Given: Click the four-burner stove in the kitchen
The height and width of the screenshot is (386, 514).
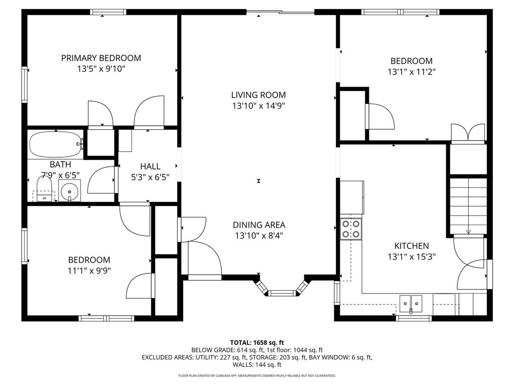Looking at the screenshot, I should (x=350, y=228).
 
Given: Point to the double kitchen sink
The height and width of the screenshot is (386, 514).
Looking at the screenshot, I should (x=411, y=303).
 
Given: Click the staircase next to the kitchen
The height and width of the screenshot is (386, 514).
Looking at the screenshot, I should (x=468, y=206).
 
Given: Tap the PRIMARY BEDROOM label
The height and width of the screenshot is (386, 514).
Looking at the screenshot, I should (x=101, y=58).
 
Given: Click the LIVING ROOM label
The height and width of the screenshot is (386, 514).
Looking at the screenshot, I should (x=259, y=94).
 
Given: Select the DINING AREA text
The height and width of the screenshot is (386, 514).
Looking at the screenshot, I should (x=259, y=225).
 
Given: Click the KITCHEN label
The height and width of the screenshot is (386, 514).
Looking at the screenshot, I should (x=411, y=246).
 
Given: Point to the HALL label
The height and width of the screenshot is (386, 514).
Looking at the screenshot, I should (x=150, y=166).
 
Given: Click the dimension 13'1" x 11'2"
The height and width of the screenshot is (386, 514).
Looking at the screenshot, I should (x=411, y=72).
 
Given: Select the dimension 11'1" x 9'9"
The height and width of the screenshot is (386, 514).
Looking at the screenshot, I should (x=89, y=270).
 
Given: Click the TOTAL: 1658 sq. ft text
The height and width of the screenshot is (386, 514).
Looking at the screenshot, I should (x=256, y=342).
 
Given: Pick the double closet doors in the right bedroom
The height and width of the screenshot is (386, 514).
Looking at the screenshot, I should (x=468, y=133).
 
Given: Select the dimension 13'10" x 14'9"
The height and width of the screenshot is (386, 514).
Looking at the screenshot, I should (x=259, y=106).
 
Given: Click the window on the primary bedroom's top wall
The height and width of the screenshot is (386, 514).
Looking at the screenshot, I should (x=107, y=12).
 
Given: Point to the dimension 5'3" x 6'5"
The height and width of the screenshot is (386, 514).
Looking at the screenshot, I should (x=150, y=177).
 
